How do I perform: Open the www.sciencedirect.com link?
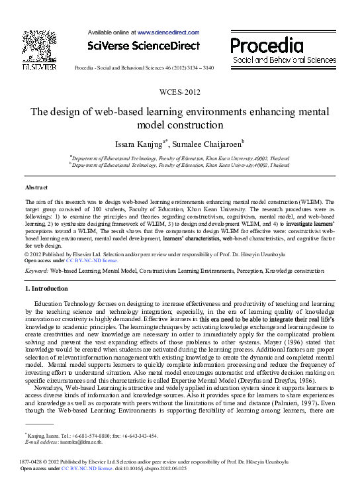(168, 32)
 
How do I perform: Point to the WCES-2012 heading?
(180, 91)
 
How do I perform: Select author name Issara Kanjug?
(138, 143)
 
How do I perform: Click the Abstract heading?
(36, 188)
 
